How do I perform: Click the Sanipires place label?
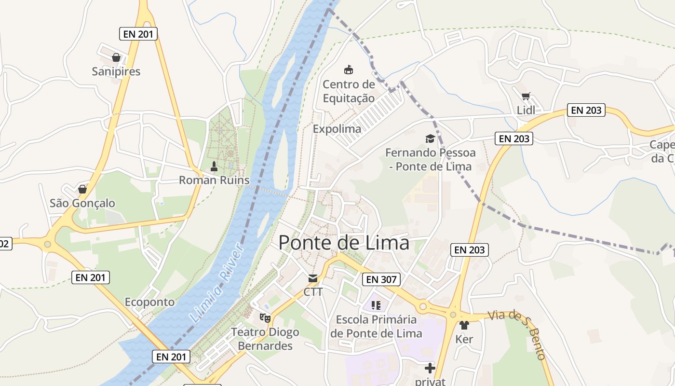[x=116, y=71]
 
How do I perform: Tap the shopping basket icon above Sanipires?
[x=116, y=58]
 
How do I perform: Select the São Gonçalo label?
[x=82, y=203]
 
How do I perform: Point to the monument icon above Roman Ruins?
[x=215, y=167]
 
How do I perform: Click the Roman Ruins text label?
[x=214, y=180]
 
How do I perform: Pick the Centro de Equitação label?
[x=349, y=91]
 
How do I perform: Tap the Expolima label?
[x=337, y=129]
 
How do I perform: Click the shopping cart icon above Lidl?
[x=526, y=96]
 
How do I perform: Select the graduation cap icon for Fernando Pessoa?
[x=430, y=139]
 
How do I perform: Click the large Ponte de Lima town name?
[x=344, y=243]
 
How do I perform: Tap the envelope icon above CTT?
[x=313, y=278]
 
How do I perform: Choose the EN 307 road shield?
[x=381, y=279]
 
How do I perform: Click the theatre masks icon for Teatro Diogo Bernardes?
[x=265, y=317]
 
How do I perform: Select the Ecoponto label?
[x=149, y=302]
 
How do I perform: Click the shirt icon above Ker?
[x=464, y=326]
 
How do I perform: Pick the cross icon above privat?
[x=430, y=368]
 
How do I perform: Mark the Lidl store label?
[x=526, y=110]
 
